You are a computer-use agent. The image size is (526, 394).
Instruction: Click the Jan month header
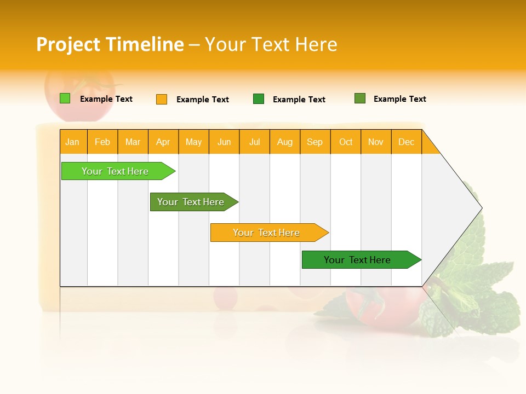pos(73,142)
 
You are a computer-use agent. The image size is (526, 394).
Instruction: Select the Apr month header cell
pos(163,142)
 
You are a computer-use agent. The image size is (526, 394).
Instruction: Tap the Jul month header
pos(254,142)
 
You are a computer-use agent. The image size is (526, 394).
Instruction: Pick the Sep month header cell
pos(315,142)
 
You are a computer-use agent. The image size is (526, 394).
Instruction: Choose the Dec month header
pos(406,142)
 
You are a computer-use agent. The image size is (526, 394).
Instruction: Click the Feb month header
pos(102,142)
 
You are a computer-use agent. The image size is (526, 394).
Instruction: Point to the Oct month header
pos(346,142)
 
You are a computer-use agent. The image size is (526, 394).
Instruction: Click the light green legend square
pos(65,99)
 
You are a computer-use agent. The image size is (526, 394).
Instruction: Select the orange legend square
pos(162,99)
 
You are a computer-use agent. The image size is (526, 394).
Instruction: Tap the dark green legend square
pos(259,99)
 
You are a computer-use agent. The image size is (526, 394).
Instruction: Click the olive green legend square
pos(360,99)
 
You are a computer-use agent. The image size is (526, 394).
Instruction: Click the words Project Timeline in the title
pos(110,44)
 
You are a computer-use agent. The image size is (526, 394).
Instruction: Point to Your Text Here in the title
pos(271,44)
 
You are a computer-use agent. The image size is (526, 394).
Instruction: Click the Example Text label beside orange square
pos(202,100)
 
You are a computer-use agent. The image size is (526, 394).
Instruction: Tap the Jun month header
pos(224,142)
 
